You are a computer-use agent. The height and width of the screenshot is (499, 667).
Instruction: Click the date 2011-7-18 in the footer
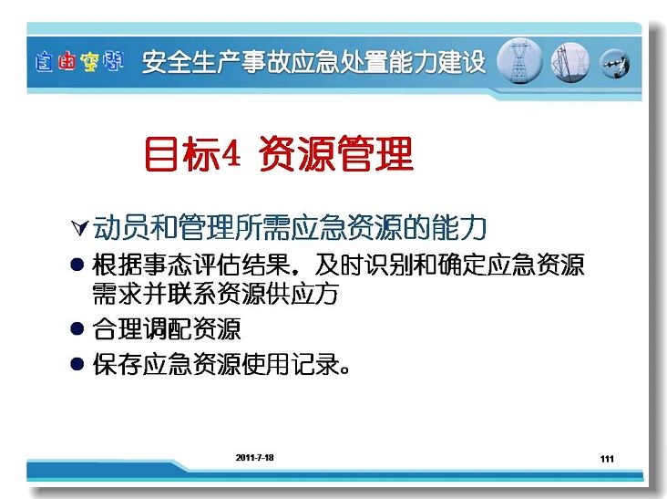pos(254,458)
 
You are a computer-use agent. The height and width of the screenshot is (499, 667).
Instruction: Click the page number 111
pos(607,459)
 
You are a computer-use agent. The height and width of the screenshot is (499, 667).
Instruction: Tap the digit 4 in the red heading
pos(231,153)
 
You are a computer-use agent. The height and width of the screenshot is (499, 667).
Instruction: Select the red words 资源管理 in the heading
pos(336,153)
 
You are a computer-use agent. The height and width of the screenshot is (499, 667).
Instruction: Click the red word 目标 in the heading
pos(182,153)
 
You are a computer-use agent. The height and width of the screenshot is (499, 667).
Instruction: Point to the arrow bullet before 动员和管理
pos(79,228)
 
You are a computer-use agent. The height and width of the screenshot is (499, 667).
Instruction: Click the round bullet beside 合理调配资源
pos(77,328)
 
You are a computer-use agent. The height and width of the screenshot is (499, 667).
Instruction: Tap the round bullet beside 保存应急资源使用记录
pos(77,364)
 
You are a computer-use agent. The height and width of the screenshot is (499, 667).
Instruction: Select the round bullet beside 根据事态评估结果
pos(77,265)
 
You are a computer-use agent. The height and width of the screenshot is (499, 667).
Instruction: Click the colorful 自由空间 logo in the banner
pos(79,62)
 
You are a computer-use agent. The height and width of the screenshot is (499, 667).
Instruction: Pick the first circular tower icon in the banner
pos(519,61)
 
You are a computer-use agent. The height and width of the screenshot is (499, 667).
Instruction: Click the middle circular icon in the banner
pos(570,62)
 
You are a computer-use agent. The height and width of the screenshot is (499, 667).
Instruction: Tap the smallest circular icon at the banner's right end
pos(615,64)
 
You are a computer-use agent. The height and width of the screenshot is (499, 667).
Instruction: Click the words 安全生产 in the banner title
pos(190,62)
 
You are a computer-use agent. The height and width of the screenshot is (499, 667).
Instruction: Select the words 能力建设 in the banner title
pos(436,62)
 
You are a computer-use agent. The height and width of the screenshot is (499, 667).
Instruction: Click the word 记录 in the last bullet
pos(316,364)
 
